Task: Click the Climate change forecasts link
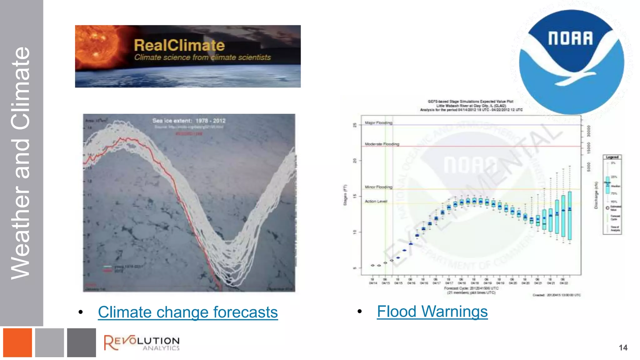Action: [x=188, y=312]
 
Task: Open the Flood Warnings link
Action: [x=432, y=312]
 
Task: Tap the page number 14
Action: [x=623, y=348]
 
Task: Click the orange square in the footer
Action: [x=17, y=342]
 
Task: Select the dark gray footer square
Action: [x=81, y=342]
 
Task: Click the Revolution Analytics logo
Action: [x=142, y=343]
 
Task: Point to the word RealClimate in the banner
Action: [x=179, y=45]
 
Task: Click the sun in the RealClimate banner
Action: [x=97, y=47]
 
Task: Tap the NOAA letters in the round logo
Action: [x=570, y=38]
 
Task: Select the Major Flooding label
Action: [x=378, y=123]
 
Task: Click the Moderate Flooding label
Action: [x=382, y=144]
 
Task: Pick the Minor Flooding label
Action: [x=378, y=187]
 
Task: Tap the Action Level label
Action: [x=376, y=201]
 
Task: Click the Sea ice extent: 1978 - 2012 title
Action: [x=189, y=121]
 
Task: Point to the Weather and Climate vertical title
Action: [x=21, y=162]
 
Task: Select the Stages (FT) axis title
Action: [x=345, y=195]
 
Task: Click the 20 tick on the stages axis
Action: [x=355, y=161]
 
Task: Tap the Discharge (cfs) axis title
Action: [x=596, y=195]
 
